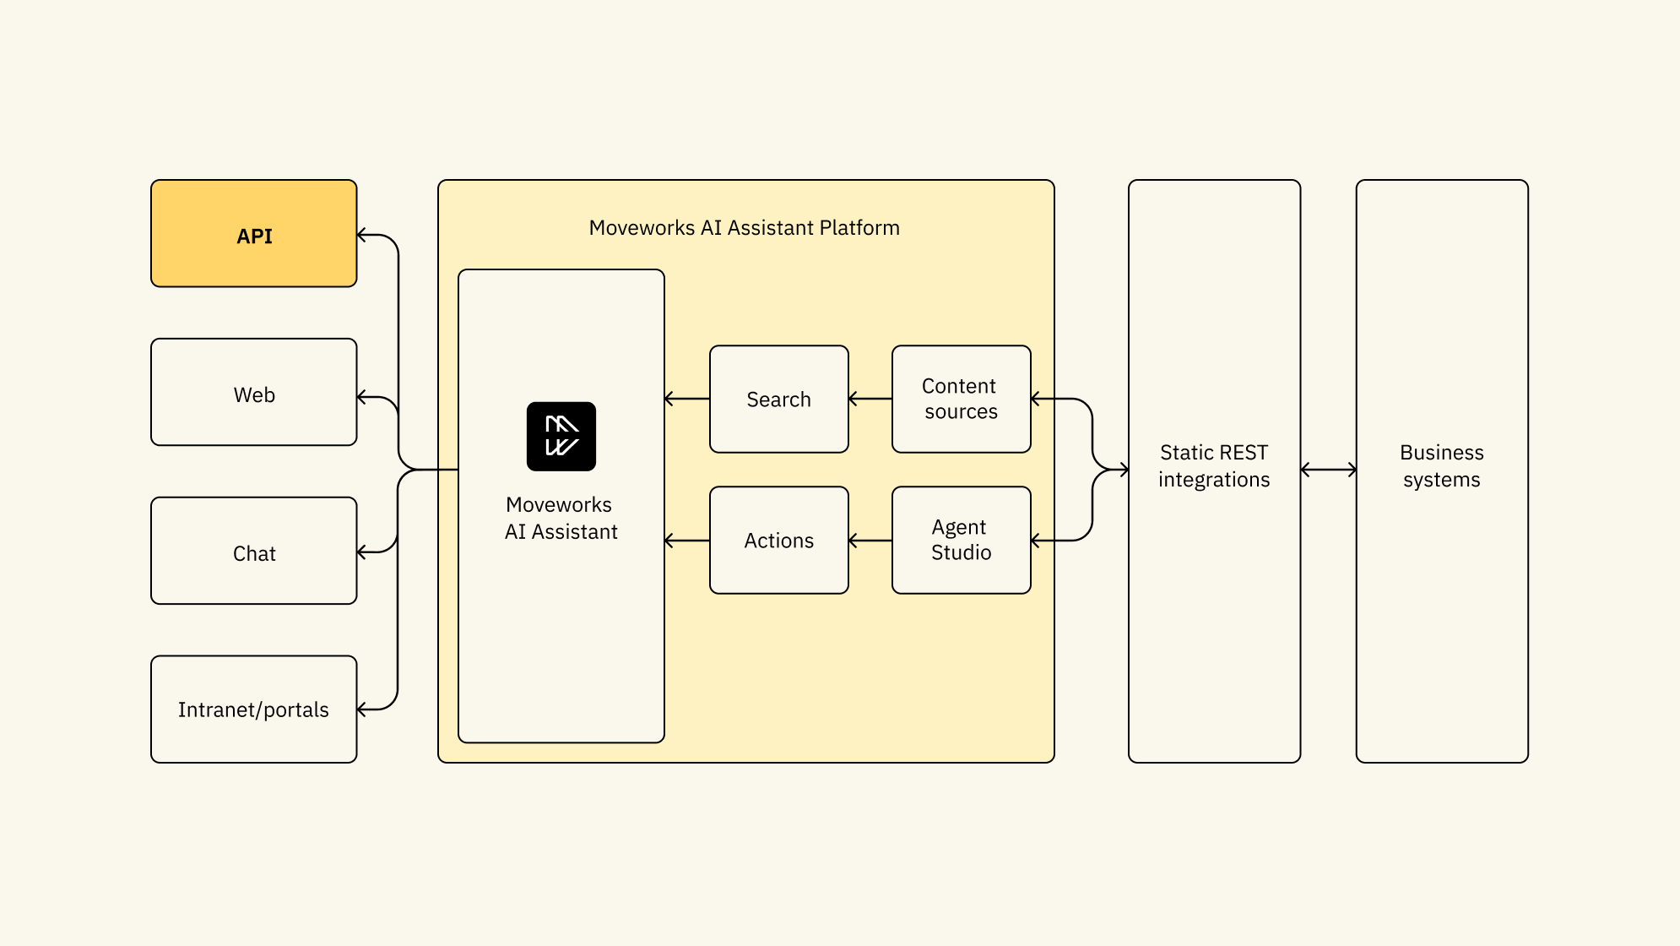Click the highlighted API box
[x=253, y=234]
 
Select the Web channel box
[x=253, y=393]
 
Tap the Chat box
[x=253, y=552]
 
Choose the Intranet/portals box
[x=253, y=709]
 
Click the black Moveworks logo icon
[x=561, y=436]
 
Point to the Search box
[x=778, y=399]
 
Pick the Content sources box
[x=961, y=399]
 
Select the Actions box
[x=778, y=541]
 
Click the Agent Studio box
[x=961, y=541]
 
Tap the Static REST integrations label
[x=1214, y=466]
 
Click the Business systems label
[x=1441, y=466]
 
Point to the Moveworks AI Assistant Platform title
[x=744, y=228]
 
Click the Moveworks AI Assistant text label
[x=561, y=518]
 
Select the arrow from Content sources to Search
[x=870, y=399]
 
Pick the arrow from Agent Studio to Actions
[x=870, y=541]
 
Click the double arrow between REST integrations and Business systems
[x=1328, y=470]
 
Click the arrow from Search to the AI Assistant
[x=687, y=399]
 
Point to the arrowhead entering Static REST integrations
[x=1123, y=470]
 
